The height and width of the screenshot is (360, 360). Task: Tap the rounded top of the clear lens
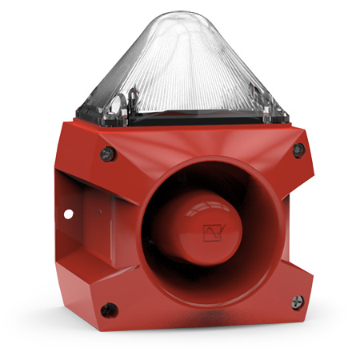click(185, 18)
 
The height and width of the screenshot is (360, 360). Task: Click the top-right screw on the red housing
click(298, 150)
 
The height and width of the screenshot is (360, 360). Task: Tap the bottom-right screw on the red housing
click(297, 302)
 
